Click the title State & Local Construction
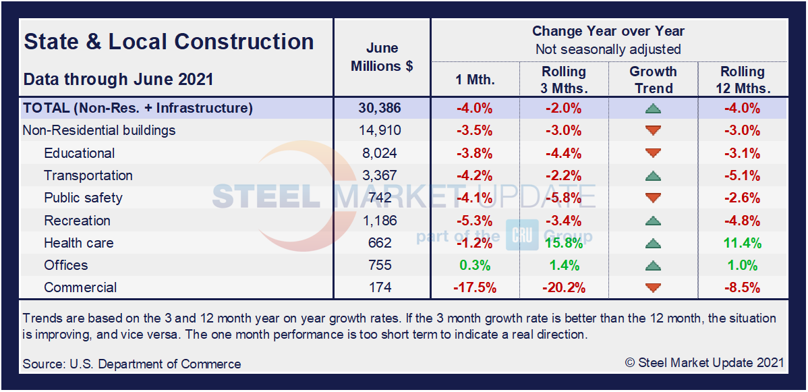169,42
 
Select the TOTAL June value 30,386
382,108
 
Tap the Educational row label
80,153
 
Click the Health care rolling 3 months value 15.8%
564,243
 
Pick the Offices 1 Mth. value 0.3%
475,265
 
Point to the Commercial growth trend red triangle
653,288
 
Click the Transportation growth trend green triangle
653,176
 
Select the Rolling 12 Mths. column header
742,80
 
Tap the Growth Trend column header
653,80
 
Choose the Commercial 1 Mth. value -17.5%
475,287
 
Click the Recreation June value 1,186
382,221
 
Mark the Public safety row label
84,198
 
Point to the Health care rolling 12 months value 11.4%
742,243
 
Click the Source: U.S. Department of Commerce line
132,364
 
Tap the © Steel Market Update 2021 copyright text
704,362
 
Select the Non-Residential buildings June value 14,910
382,130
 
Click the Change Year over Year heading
608,31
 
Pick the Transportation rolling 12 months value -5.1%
742,175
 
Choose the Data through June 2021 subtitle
119,79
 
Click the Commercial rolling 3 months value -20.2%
564,287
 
